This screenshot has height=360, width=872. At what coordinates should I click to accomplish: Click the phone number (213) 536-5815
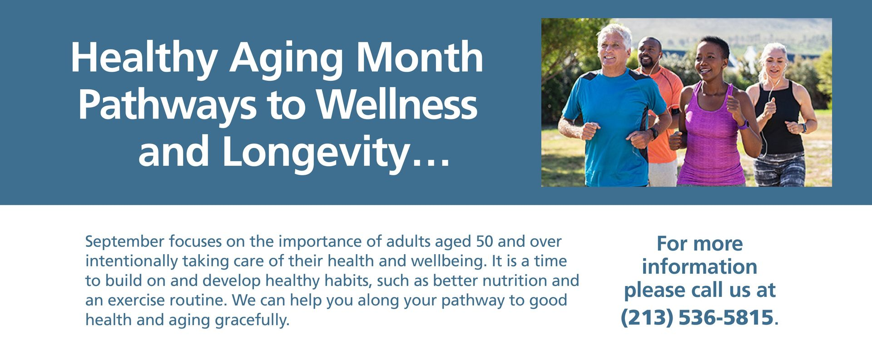[697, 317]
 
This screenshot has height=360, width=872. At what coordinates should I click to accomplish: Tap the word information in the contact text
[699, 266]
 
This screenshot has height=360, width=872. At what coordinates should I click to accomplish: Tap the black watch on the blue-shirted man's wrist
[654, 133]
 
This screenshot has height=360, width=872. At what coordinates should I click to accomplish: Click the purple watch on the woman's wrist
[743, 123]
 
